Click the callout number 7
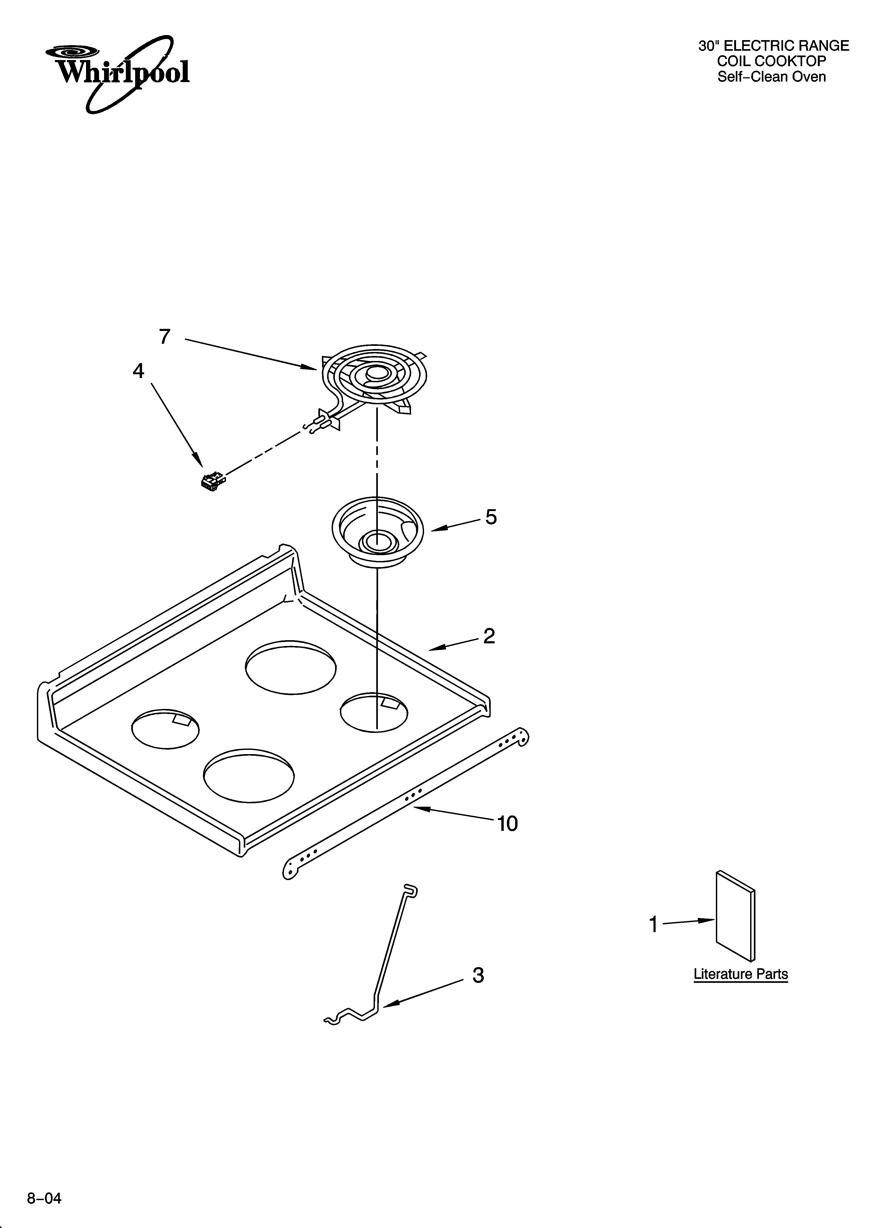pos(165,337)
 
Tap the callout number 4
pos(139,371)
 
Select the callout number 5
pos(490,517)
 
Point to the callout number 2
pos(489,636)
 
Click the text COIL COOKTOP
pos(772,61)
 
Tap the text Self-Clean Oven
pos(772,77)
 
